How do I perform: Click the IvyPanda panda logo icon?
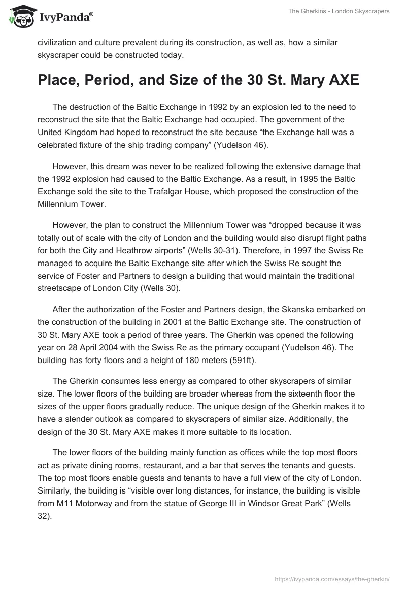(x=20, y=17)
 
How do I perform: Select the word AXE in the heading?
(x=341, y=81)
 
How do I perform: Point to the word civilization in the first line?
(x=59, y=43)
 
